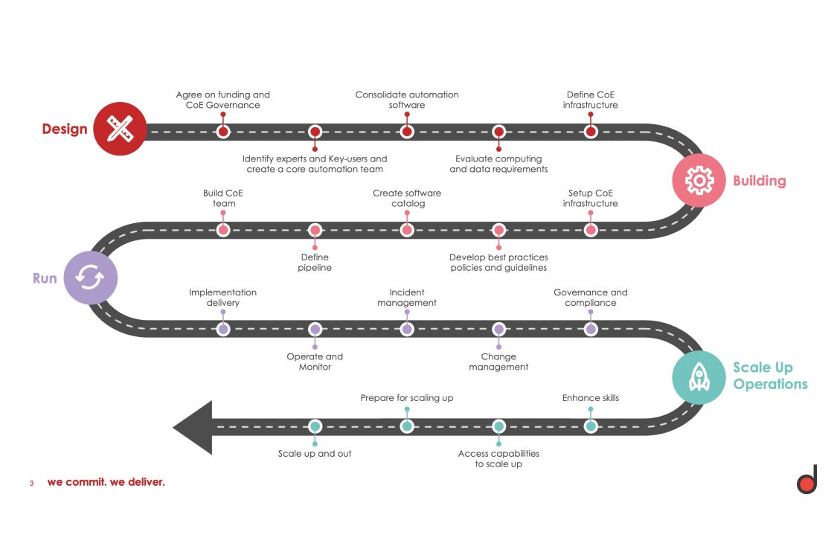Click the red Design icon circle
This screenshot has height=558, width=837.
point(121,129)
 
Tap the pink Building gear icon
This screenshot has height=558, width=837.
point(699,180)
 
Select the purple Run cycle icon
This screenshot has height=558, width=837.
point(90,278)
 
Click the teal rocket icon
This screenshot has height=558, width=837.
point(699,377)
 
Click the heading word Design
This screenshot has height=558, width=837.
point(65,129)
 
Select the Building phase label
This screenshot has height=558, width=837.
point(759,181)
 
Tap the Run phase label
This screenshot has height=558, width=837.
point(45,278)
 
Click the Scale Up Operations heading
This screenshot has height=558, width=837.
point(769,376)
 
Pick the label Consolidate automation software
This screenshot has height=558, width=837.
point(407,100)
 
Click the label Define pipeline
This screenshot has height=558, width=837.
point(315,263)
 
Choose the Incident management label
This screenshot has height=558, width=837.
point(407,298)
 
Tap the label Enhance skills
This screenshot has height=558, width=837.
point(590,398)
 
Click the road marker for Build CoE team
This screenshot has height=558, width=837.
point(223,230)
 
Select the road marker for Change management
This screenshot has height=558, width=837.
point(498,329)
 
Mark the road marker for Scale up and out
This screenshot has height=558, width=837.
point(315,426)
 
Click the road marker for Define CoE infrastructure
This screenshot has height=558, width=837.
point(590,132)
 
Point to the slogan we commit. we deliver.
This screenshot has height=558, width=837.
point(106,482)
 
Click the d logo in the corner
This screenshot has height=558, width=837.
point(807,480)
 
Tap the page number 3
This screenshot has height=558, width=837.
point(32,483)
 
